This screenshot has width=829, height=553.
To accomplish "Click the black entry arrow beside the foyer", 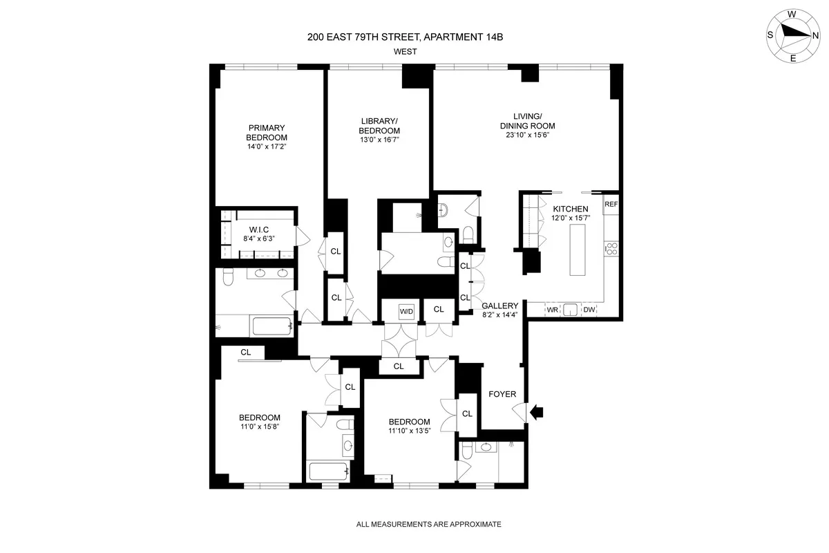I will click(x=537, y=413).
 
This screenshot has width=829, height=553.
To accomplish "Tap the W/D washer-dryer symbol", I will click(x=406, y=312).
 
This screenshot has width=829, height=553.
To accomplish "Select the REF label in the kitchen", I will click(x=611, y=205).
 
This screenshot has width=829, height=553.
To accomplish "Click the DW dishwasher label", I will click(x=589, y=310).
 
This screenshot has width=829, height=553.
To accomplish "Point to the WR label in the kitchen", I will click(x=552, y=310).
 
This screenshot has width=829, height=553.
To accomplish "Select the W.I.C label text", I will click(x=260, y=229).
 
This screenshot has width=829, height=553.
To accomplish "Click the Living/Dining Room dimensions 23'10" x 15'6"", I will click(x=528, y=135).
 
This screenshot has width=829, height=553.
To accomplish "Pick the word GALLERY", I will click(x=499, y=306).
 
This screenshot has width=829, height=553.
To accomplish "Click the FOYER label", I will click(x=502, y=394).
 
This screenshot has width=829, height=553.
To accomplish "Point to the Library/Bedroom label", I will click(x=379, y=126).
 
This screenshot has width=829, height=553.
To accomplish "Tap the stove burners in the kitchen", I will click(x=611, y=249).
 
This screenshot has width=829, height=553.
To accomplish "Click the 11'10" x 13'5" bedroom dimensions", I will click(x=409, y=432).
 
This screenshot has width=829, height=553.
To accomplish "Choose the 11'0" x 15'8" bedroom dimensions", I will click(x=259, y=427).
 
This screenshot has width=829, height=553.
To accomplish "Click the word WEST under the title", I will click(x=405, y=51).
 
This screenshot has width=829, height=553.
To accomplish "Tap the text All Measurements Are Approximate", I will click(x=428, y=525).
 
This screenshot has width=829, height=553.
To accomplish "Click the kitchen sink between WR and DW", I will click(x=570, y=310).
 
